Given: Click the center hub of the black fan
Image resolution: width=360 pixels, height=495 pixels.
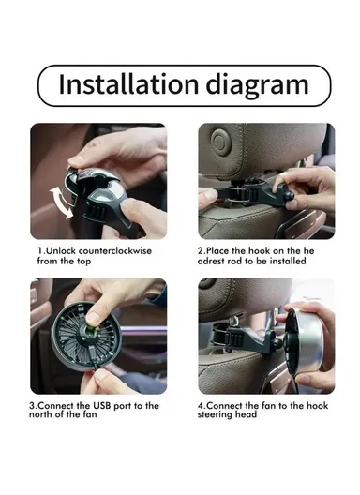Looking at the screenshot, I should click(x=97, y=334).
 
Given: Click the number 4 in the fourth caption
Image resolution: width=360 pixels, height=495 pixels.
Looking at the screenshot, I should click(x=201, y=406).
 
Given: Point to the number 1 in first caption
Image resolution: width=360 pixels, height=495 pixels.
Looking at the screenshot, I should click(x=40, y=250).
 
